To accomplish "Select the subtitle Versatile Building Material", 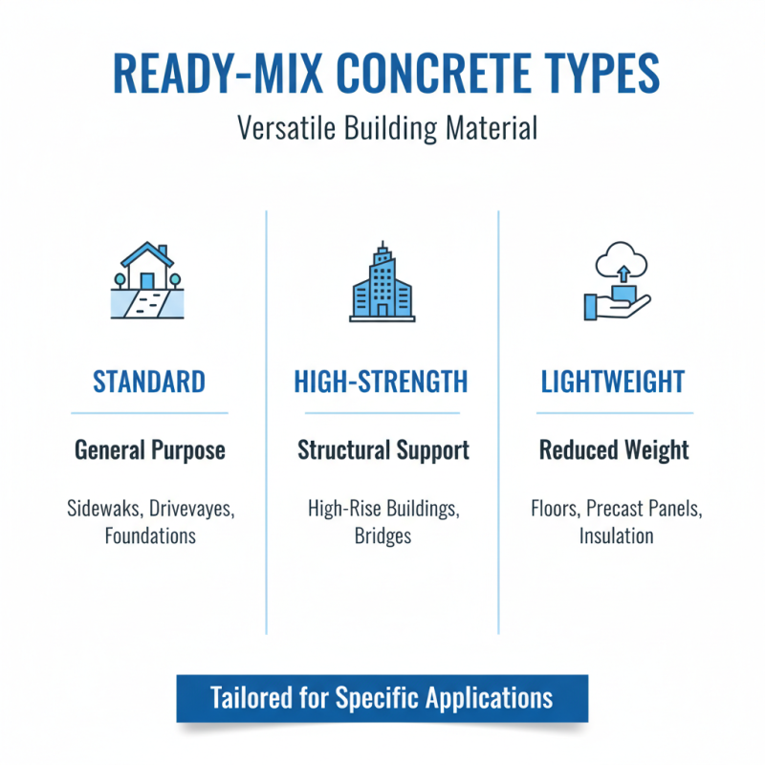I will pyautogui.click(x=382, y=129).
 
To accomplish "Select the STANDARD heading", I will pyautogui.click(x=148, y=382).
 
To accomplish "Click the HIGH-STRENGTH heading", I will pyautogui.click(x=382, y=382).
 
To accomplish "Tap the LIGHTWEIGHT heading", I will pyautogui.click(x=613, y=382).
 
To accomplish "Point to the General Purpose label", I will pyautogui.click(x=150, y=449).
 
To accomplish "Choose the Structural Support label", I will pyautogui.click(x=382, y=449).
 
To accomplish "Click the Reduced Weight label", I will pyautogui.click(x=614, y=449).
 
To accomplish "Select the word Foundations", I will pyautogui.click(x=150, y=535).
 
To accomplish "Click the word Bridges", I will pyautogui.click(x=382, y=535).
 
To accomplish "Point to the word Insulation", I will pyautogui.click(x=616, y=535).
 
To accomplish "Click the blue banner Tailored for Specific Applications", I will pyautogui.click(x=382, y=697).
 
